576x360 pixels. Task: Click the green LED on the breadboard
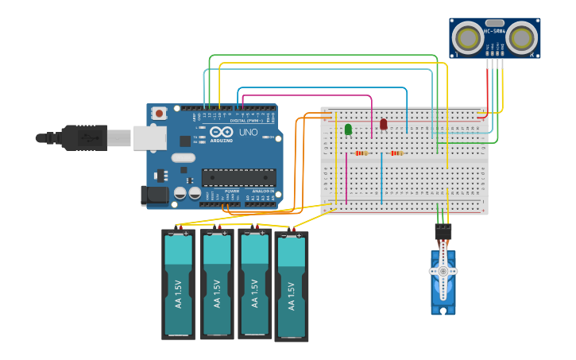[348, 129]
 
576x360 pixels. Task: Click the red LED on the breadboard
[384, 124]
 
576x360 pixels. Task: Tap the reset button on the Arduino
[159, 114]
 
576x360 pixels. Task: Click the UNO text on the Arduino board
[248, 133]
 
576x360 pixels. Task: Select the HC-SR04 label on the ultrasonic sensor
[494, 32]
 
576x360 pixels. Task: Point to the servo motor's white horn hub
[443, 271]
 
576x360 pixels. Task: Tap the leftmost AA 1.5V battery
[178, 285]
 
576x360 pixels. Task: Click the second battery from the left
[217, 284]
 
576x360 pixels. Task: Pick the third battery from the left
[255, 284]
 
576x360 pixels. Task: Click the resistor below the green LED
[361, 153]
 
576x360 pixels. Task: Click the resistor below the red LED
[396, 153]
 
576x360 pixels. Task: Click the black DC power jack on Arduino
[153, 195]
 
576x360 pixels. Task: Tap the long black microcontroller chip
[238, 177]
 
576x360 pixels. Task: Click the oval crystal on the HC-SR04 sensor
[494, 23]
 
